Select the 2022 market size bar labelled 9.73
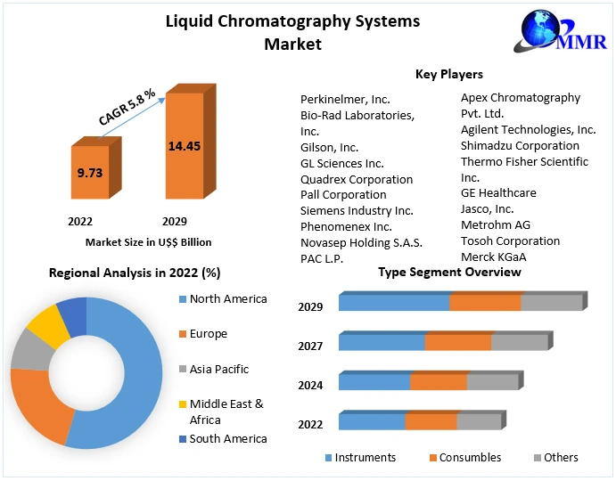(89, 174)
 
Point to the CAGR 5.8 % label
(127, 106)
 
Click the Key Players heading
(448, 74)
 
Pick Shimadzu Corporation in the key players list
(520, 146)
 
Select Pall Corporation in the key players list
(343, 195)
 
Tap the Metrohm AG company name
(495, 225)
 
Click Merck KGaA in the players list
(493, 257)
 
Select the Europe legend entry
(208, 334)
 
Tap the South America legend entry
(227, 439)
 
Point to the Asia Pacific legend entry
(218, 370)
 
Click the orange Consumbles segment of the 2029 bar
(485, 303)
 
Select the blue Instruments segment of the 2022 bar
(372, 422)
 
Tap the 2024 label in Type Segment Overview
(311, 386)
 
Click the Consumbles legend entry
(471, 458)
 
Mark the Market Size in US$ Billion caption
(148, 242)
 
